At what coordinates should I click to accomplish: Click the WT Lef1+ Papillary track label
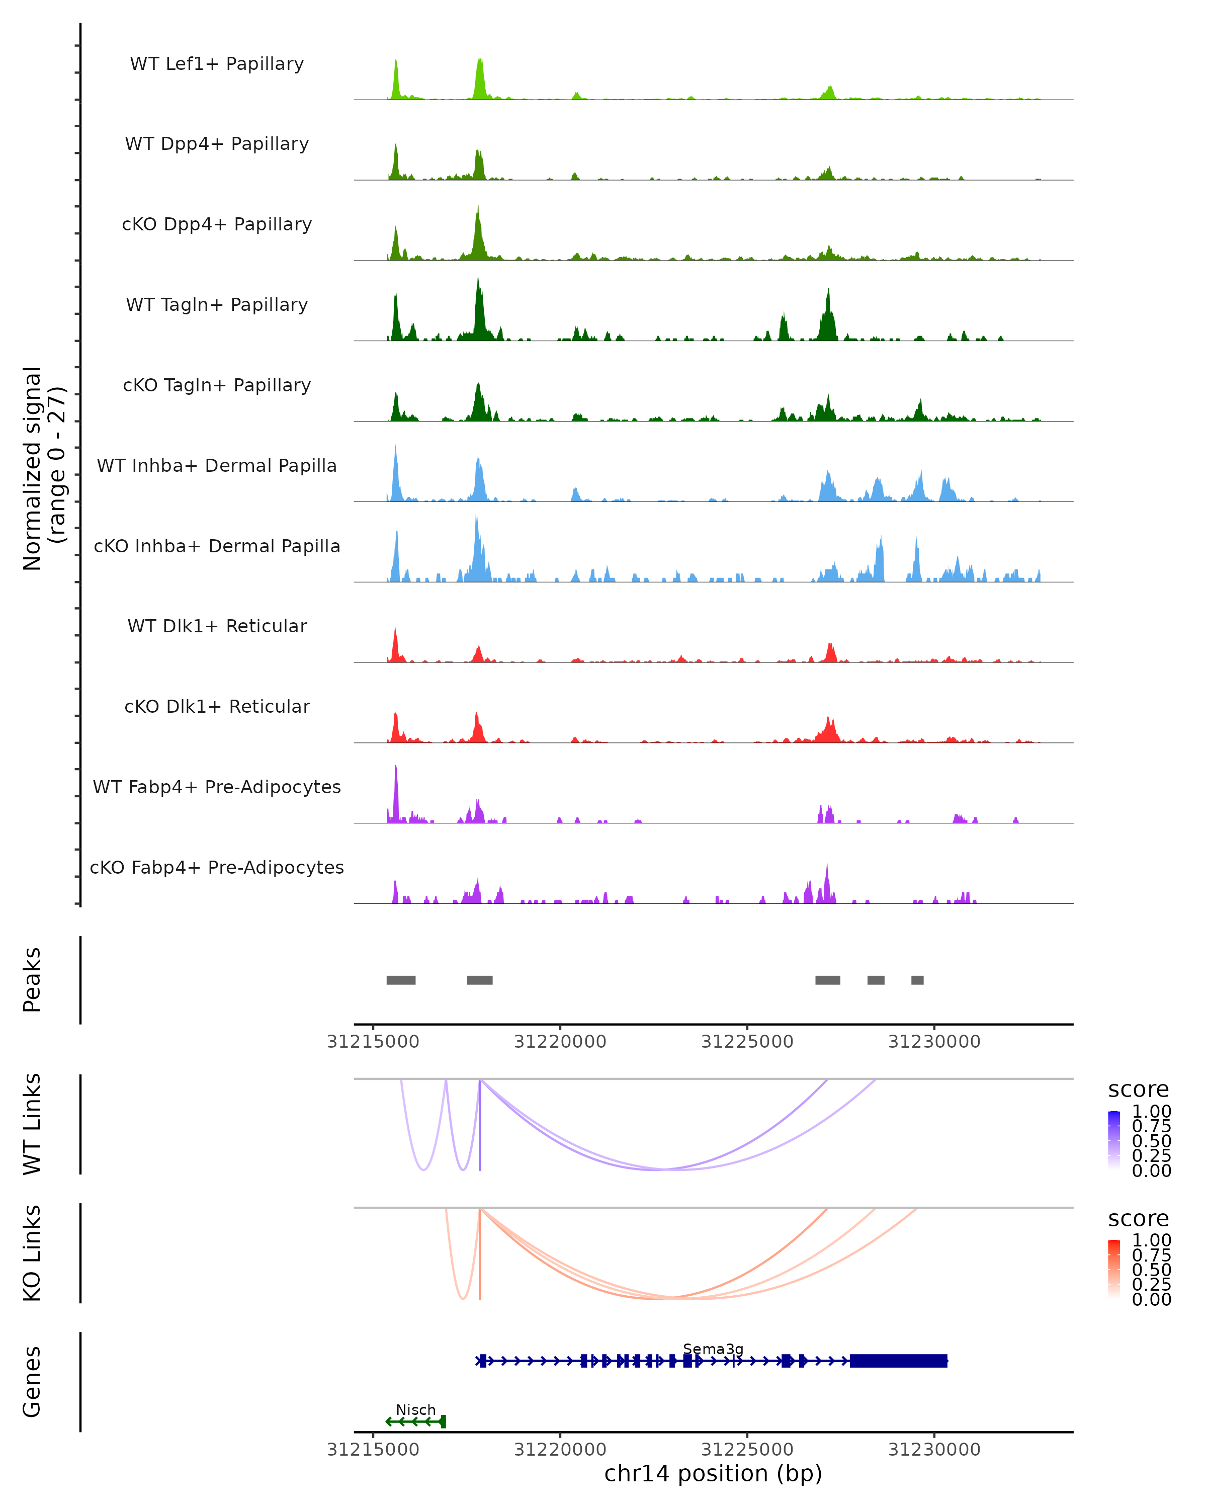point(217,64)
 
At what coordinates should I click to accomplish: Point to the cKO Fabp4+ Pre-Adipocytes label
point(217,867)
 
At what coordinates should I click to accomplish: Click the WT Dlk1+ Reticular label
point(217,626)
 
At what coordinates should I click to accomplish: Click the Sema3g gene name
point(713,1349)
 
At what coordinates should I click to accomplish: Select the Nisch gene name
point(415,1409)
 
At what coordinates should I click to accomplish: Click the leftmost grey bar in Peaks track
point(401,980)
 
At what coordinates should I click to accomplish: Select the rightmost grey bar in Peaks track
point(917,980)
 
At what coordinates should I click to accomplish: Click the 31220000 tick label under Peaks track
point(560,1042)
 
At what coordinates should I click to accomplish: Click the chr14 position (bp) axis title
point(713,1474)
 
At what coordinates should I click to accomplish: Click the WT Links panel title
point(32,1124)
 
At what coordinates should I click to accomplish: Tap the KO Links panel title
point(32,1253)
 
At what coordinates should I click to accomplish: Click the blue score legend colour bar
point(1114,1140)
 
